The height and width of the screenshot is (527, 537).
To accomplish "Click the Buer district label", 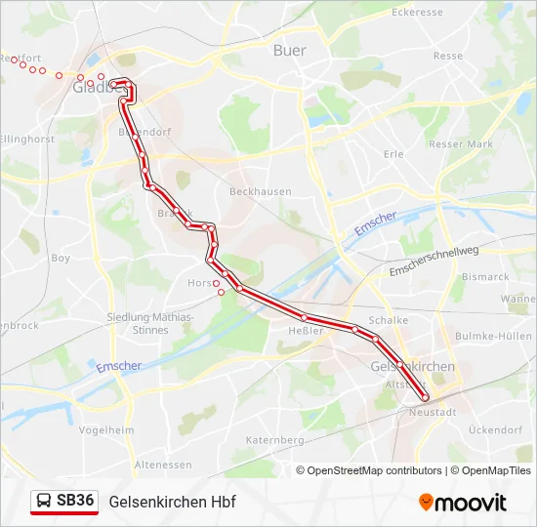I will [x=290, y=51].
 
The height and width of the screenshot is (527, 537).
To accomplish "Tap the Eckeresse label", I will [x=417, y=13].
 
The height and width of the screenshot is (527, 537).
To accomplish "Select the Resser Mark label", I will [x=461, y=143].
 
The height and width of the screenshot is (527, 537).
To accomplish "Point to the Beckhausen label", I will [x=260, y=192].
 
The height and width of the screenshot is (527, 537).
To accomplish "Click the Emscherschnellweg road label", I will [x=434, y=262].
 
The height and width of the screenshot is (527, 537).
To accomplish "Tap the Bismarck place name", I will [x=485, y=277].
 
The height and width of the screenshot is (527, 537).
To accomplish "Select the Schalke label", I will [x=389, y=320].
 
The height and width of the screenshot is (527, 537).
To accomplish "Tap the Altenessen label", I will [x=161, y=465].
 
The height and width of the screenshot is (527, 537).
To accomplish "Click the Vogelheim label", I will [x=99, y=429].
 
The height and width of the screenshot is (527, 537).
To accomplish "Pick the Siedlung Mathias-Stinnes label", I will [x=150, y=324].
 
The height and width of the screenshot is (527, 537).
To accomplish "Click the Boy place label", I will [x=61, y=259].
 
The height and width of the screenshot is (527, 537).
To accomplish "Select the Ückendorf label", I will [x=496, y=429].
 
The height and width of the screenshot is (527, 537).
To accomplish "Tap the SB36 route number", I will [x=75, y=501].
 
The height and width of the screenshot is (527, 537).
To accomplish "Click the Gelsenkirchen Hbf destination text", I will [x=173, y=502].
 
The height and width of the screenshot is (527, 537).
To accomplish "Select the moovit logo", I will [x=463, y=503].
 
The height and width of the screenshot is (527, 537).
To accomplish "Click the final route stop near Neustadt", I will [x=426, y=397].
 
